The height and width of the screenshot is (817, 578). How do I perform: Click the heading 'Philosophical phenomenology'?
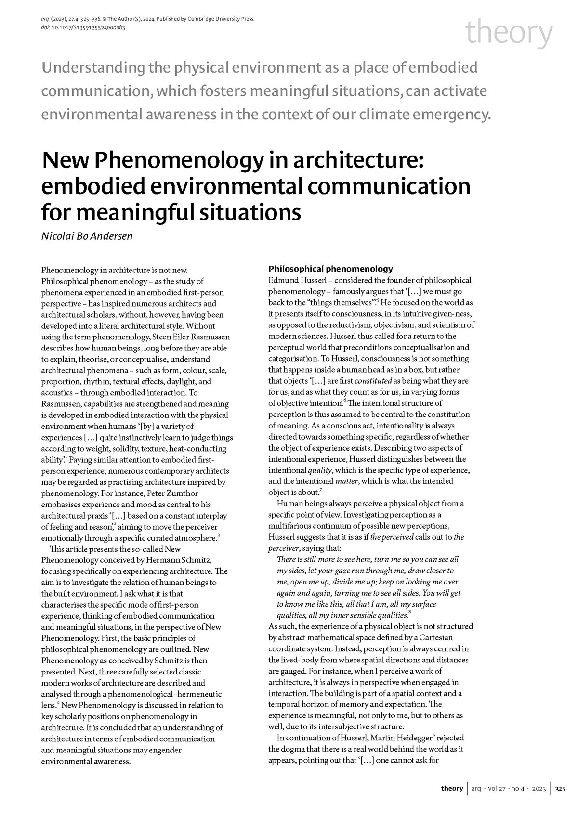click(330, 269)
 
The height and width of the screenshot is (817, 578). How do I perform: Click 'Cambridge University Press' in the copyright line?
click(218, 19)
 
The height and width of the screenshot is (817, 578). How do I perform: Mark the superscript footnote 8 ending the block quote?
click(409, 613)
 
